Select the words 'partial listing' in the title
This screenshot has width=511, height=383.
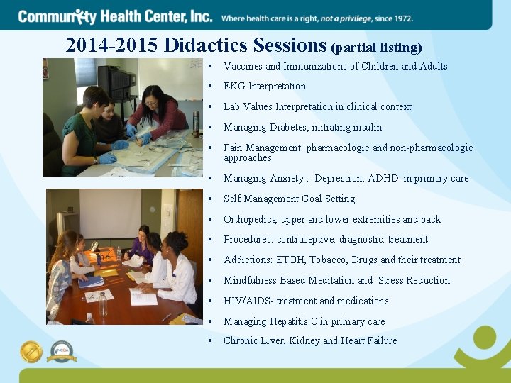point(376,48)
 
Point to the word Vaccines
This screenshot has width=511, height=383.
point(243,66)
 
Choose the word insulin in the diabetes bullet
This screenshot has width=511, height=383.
point(368,128)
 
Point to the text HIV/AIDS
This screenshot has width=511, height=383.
point(246,301)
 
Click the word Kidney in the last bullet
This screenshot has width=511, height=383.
point(304,341)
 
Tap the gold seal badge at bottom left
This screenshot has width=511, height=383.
point(31,352)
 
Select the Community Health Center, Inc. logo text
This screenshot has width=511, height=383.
point(115,16)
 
